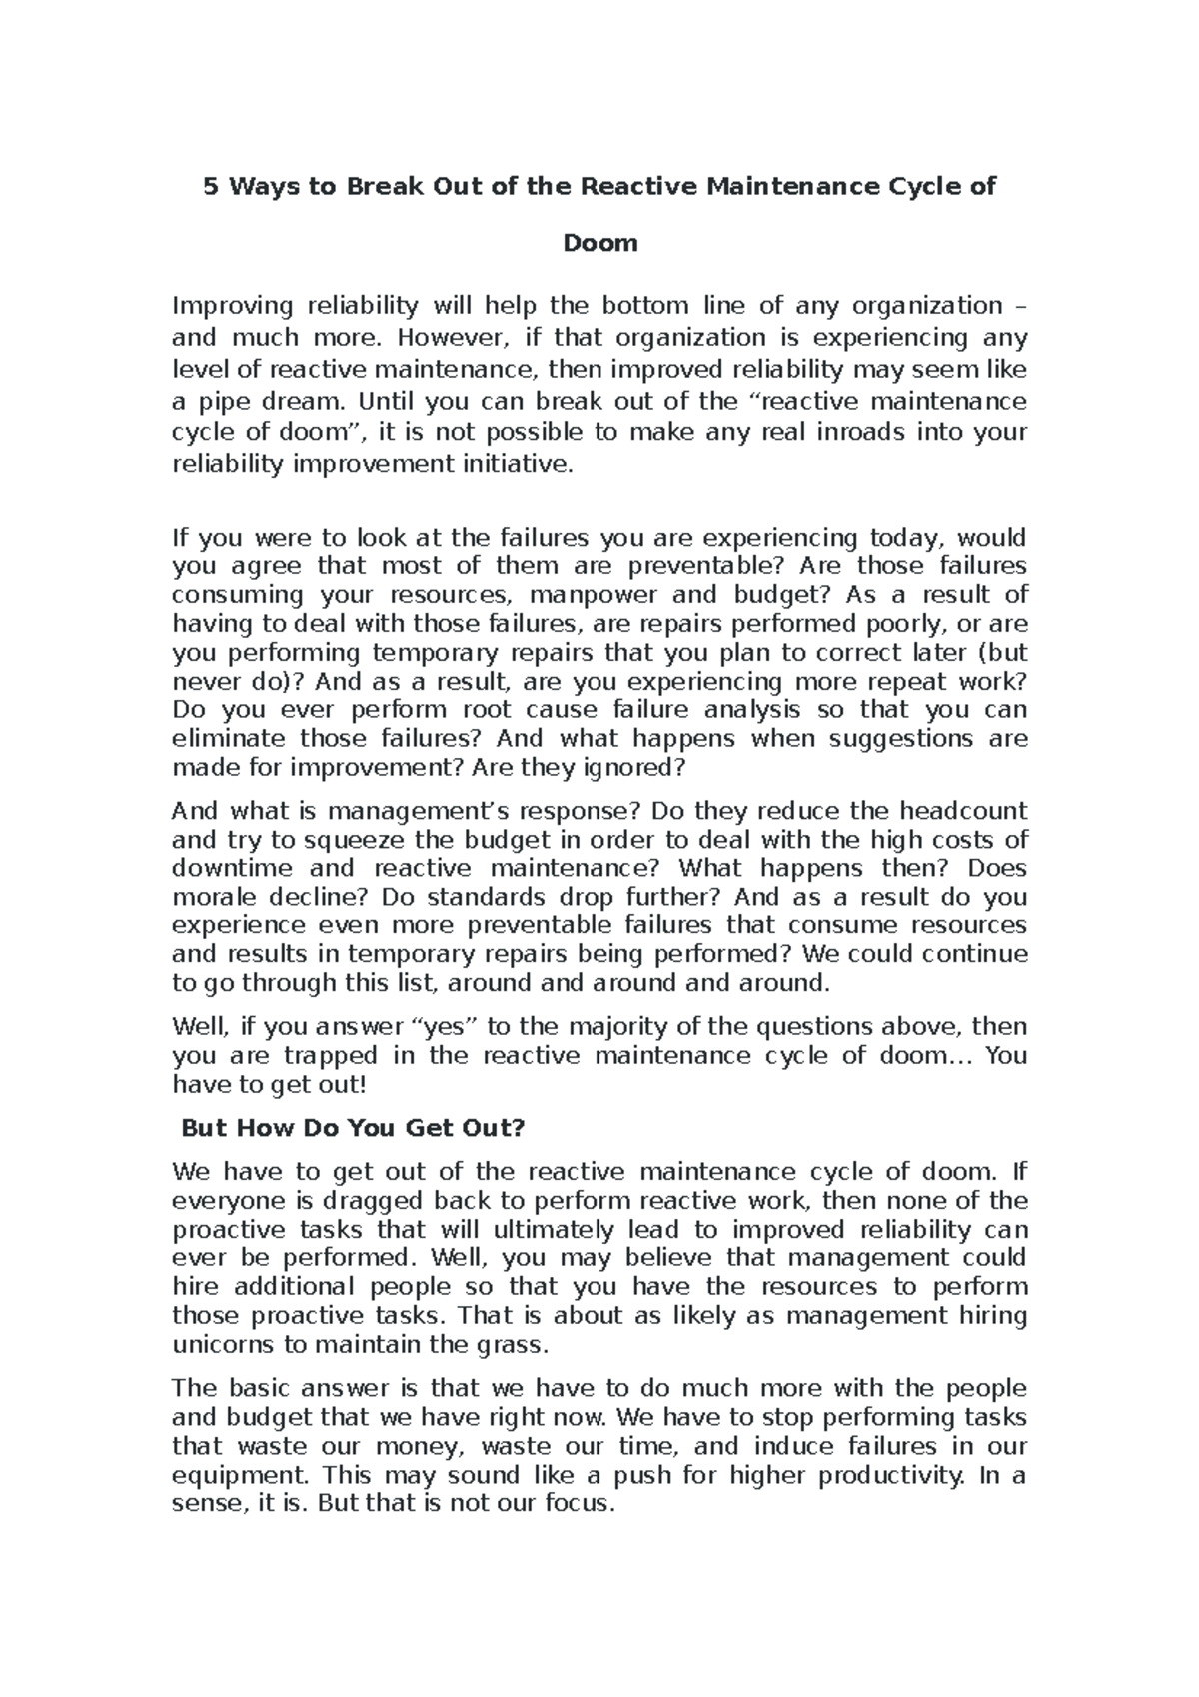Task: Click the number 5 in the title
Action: [x=210, y=187]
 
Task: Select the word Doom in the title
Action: [x=599, y=243]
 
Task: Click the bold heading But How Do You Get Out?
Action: [x=352, y=1129]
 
